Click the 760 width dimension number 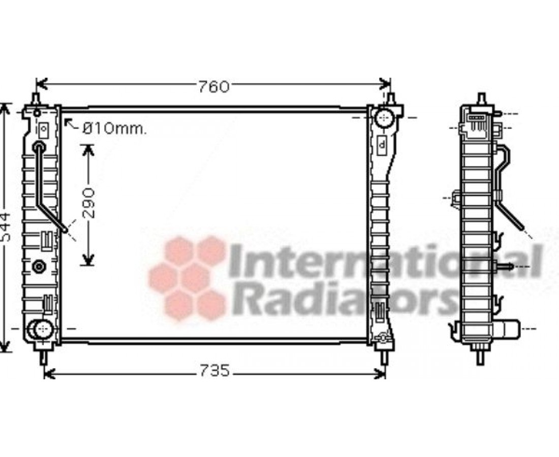point(213,87)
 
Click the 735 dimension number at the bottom point(214,371)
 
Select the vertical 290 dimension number point(89,203)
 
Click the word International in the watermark point(385,261)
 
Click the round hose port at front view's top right point(384,118)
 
